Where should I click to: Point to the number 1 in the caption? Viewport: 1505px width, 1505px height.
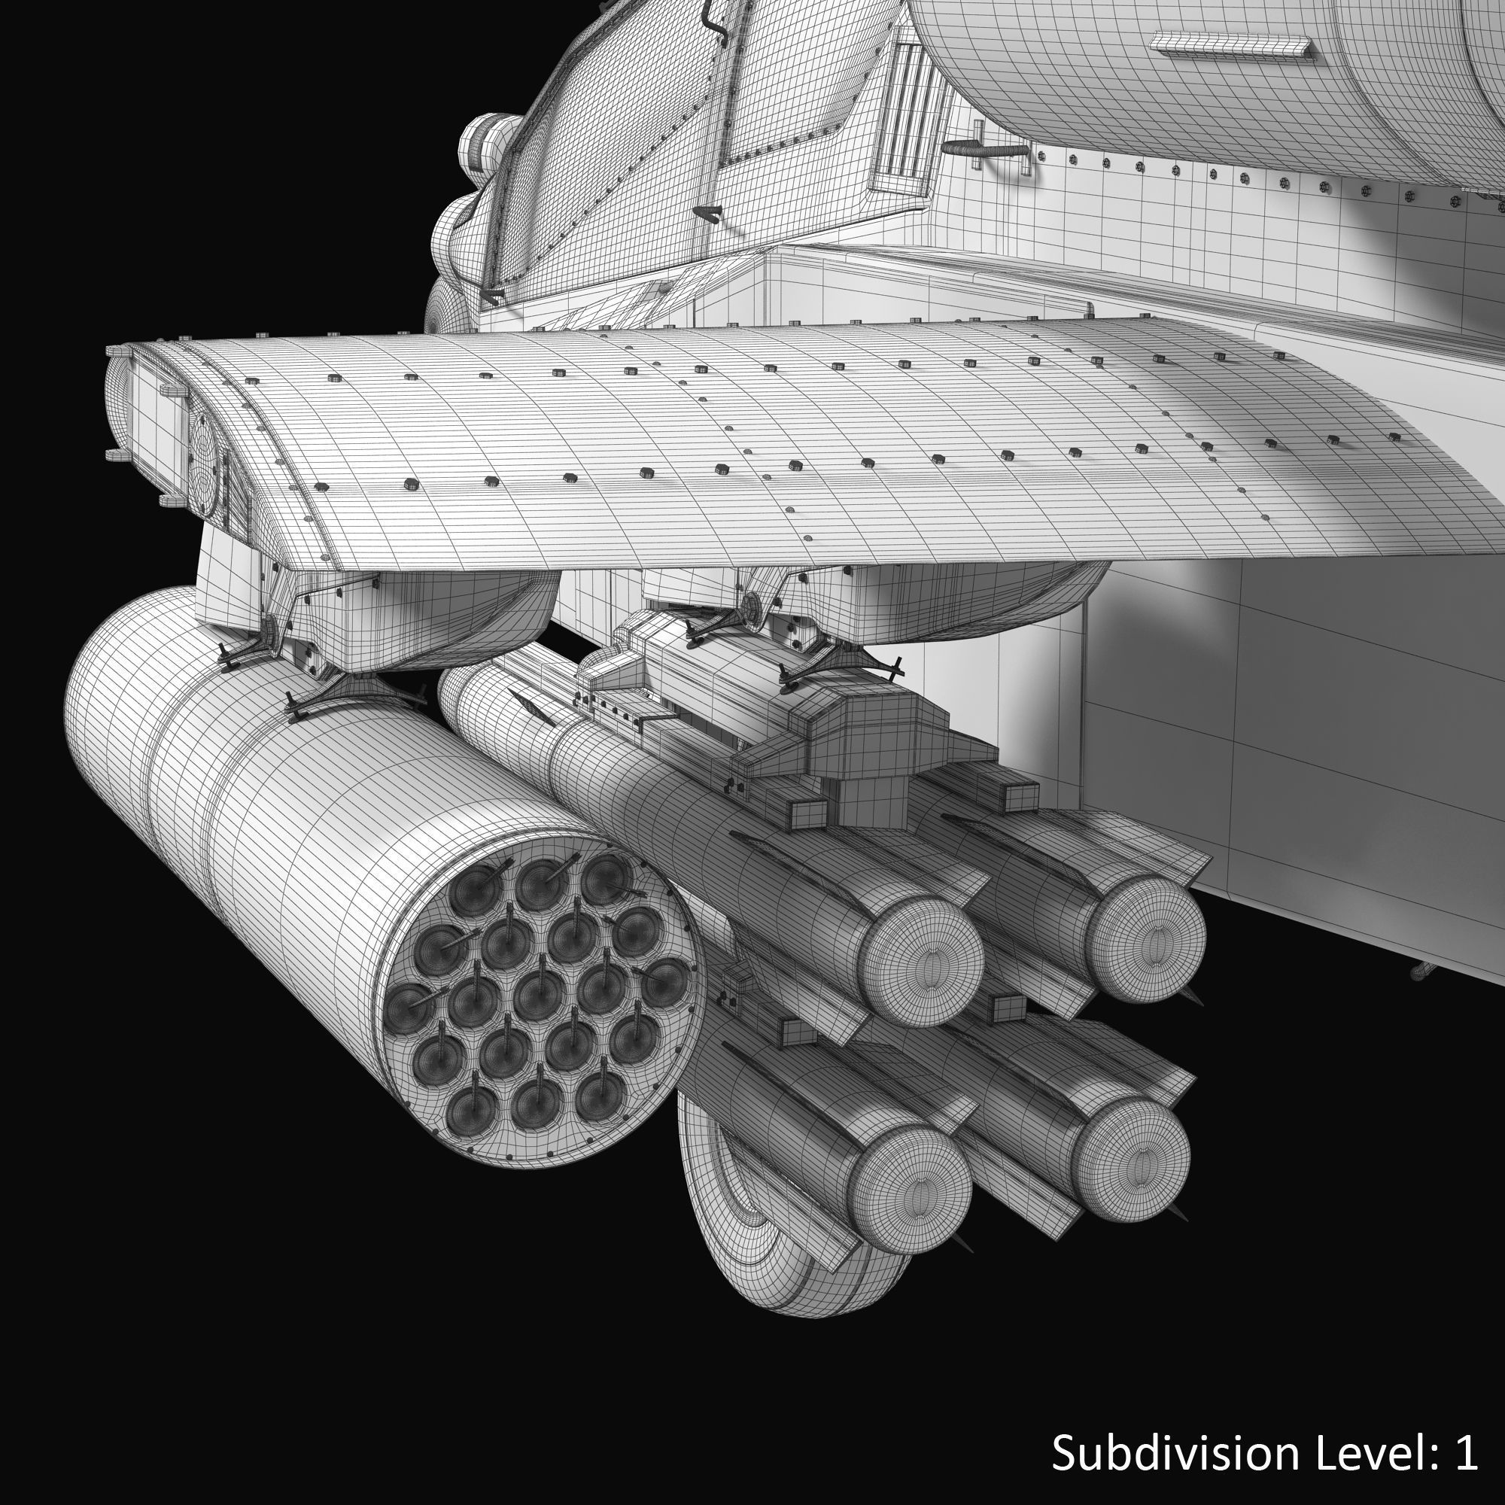(1465, 1454)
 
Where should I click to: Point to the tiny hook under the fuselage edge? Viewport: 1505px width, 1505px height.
(1418, 971)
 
